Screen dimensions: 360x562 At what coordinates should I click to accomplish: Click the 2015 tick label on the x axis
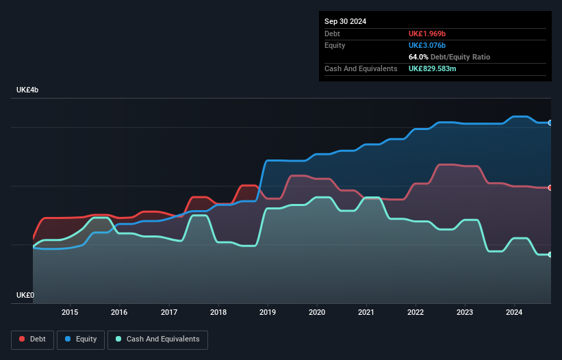(x=70, y=313)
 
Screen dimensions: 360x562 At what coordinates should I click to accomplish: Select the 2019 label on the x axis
(x=268, y=313)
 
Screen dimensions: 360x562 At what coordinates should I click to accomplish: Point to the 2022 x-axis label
(x=416, y=313)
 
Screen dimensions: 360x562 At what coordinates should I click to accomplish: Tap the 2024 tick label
(x=514, y=313)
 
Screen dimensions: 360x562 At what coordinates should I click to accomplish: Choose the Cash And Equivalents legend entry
(x=157, y=339)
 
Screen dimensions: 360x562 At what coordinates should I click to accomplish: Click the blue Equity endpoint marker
(x=550, y=123)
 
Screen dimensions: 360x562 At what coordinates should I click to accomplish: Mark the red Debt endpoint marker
(x=550, y=188)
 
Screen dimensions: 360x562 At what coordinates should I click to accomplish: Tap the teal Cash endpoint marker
(x=550, y=255)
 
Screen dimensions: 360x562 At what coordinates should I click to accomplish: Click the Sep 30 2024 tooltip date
(x=345, y=21)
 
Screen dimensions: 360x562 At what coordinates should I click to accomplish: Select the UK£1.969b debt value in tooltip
(x=426, y=34)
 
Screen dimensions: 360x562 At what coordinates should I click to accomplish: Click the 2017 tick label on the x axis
(x=169, y=313)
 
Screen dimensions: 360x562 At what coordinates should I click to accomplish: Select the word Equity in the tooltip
(x=335, y=45)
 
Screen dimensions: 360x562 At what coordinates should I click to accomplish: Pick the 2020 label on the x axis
(x=317, y=313)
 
